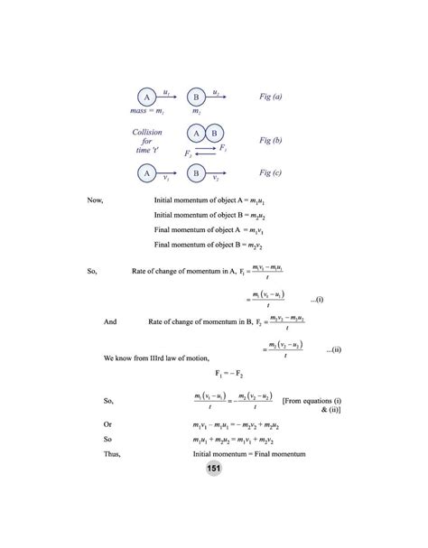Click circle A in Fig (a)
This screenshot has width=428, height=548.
(x=146, y=98)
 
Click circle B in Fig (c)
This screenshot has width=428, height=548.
(x=196, y=172)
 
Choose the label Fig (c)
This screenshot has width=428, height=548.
(x=271, y=172)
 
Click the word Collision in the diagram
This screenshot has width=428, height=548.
(x=147, y=132)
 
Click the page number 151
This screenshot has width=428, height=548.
(x=214, y=467)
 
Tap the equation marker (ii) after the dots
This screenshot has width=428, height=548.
(x=335, y=348)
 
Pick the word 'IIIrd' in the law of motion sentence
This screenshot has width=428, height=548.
(x=161, y=358)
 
